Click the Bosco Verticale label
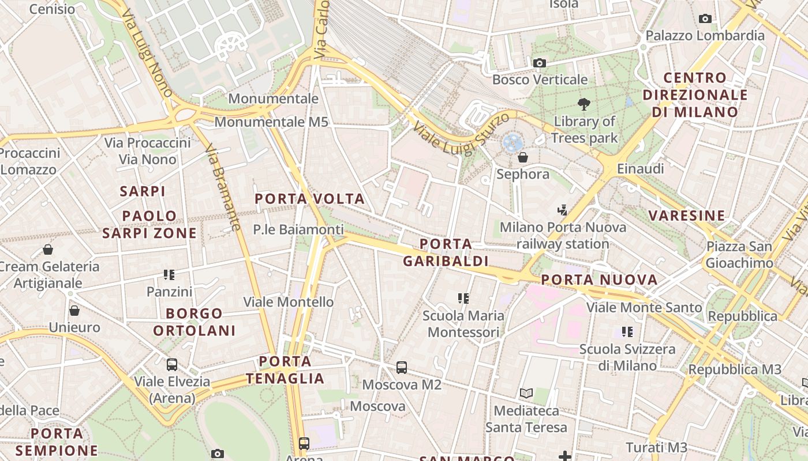(x=540, y=80)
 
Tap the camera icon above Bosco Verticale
(x=540, y=63)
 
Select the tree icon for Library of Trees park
(x=584, y=104)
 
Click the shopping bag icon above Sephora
(x=523, y=157)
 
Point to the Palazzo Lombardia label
(x=705, y=36)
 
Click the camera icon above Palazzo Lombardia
(x=705, y=19)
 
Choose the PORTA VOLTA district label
(x=310, y=199)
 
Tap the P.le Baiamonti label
(x=298, y=229)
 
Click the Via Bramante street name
(x=222, y=187)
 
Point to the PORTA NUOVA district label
(x=599, y=281)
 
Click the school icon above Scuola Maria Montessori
(x=463, y=298)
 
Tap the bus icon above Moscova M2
(x=402, y=367)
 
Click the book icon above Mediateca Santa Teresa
(x=526, y=394)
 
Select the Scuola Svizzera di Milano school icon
(x=627, y=332)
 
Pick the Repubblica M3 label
(x=735, y=369)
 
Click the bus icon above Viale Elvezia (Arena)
(x=172, y=364)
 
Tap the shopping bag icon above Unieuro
(x=74, y=311)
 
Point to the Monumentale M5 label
(x=271, y=122)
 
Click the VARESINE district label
(x=686, y=216)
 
